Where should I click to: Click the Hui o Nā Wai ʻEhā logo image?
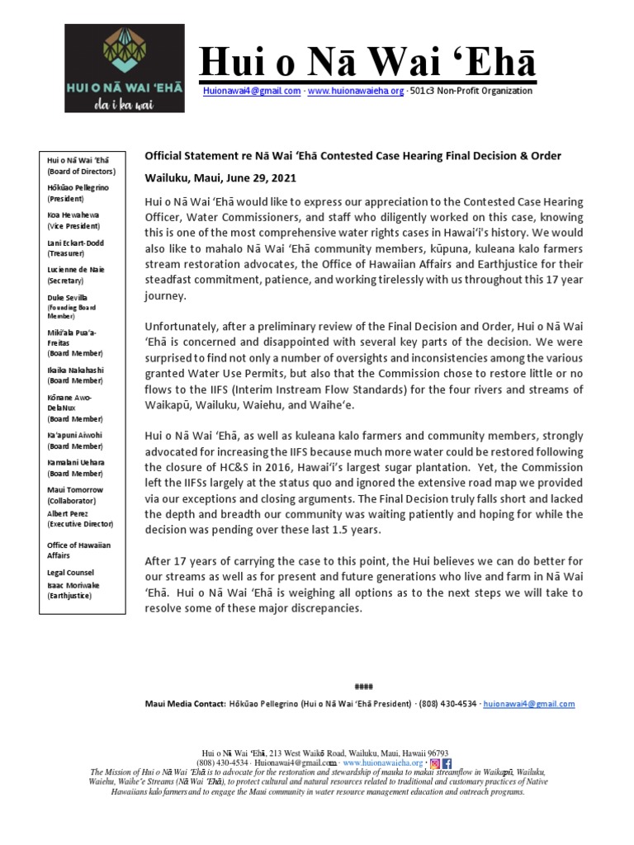[125, 68]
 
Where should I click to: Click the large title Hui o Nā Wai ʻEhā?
[368, 64]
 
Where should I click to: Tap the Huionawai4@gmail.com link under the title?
[252, 92]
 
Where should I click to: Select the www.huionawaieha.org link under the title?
[356, 92]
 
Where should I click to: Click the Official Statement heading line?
[352, 156]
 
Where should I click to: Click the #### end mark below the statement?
[359, 687]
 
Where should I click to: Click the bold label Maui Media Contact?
[185, 704]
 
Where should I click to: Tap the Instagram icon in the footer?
[434, 763]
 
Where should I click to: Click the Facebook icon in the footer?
[447, 763]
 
